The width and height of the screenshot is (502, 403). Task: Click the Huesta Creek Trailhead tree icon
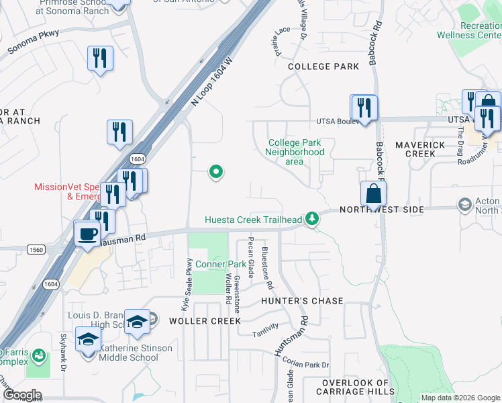click(x=311, y=219)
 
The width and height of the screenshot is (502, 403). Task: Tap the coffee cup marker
click(x=87, y=234)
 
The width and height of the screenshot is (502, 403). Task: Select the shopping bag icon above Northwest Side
click(x=373, y=193)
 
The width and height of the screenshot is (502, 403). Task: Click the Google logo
click(x=23, y=395)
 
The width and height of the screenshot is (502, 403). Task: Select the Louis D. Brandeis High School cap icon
click(x=137, y=321)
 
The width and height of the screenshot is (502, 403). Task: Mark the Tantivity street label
click(x=264, y=334)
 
